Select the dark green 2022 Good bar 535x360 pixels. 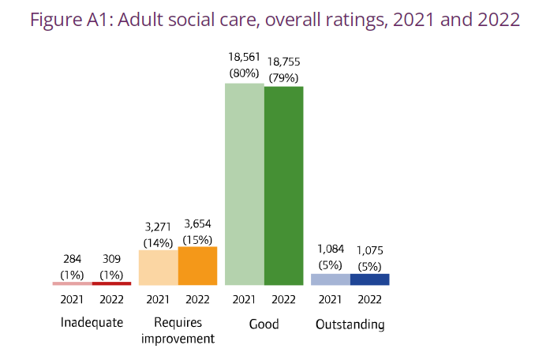tap(283, 185)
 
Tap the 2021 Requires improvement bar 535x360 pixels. tap(158, 267)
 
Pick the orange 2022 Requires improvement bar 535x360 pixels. tap(197, 265)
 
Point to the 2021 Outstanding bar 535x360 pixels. tap(330, 279)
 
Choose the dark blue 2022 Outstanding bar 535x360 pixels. tap(369, 279)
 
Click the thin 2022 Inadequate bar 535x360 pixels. tap(111, 283)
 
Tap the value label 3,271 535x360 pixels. tap(158, 227)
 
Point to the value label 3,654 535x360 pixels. tap(197, 224)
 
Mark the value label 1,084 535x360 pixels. tap(330, 250)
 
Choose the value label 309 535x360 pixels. tap(111, 258)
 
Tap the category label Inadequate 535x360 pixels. tap(92, 324)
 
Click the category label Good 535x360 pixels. tap(264, 324)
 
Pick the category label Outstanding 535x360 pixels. tap(350, 324)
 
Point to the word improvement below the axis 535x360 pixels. tap(178, 339)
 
